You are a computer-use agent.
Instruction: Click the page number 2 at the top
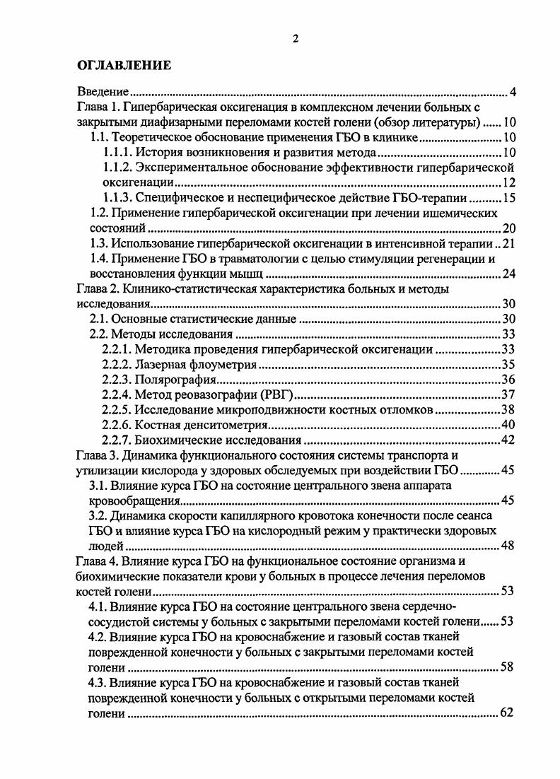point(295,39)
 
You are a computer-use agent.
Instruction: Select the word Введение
point(102,92)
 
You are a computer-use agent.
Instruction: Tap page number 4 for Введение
point(513,92)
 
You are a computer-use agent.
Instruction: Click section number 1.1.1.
point(117,153)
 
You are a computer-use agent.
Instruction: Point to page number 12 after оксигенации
point(508,183)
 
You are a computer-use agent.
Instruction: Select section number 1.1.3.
point(117,198)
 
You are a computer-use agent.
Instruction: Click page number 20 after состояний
point(508,228)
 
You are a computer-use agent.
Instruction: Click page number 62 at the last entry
point(506,713)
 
